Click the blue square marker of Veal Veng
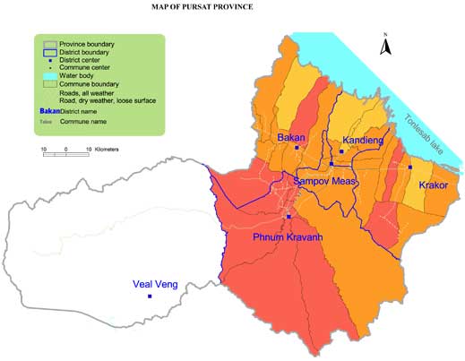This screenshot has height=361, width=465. point(150,297)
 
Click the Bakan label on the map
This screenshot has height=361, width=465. point(292,138)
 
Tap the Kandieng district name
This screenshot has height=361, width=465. point(363,141)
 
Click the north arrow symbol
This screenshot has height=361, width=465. point(383,45)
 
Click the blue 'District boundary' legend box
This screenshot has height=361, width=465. point(47,51)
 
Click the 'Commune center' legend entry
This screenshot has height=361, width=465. point(84,68)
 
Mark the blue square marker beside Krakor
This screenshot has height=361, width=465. point(409,168)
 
